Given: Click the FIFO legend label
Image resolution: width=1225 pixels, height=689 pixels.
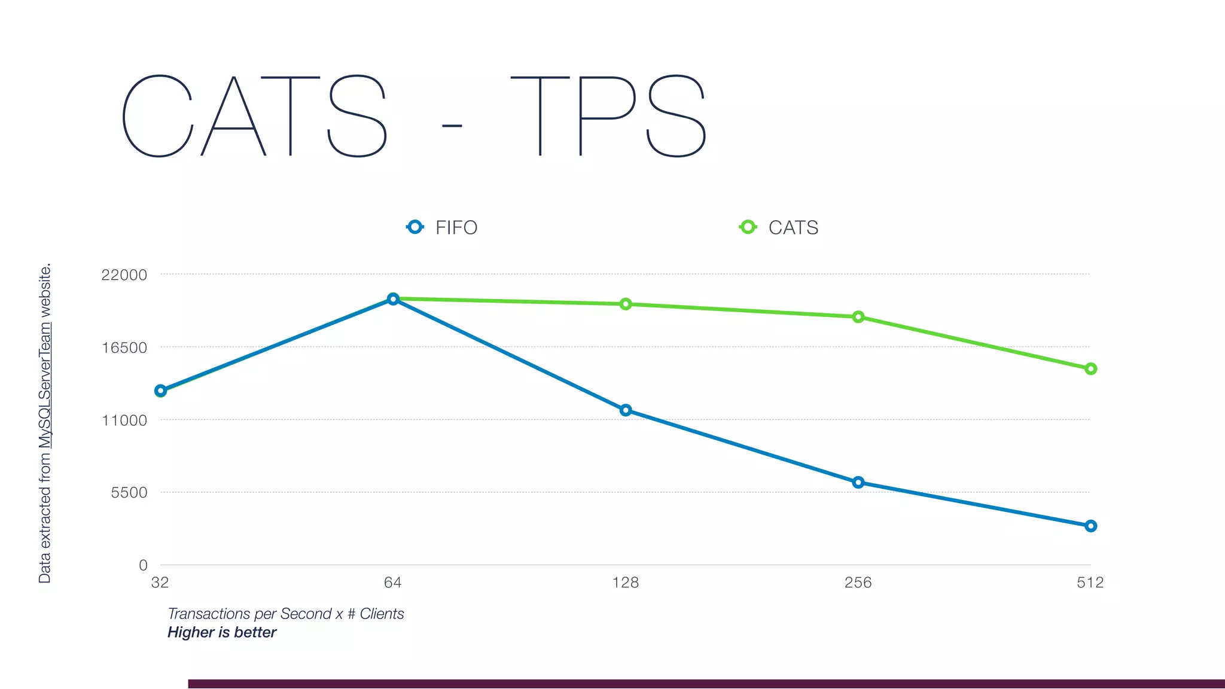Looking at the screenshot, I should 456,228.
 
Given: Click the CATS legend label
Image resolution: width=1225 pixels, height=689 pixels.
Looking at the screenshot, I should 793,228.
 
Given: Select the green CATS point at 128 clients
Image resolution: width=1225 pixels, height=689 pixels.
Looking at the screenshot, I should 626,304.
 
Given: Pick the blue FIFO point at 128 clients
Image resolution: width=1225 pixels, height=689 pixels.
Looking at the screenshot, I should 626,410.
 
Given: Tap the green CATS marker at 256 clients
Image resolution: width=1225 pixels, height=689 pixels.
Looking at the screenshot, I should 858,317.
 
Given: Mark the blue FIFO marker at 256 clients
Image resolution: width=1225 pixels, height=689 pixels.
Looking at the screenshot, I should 858,483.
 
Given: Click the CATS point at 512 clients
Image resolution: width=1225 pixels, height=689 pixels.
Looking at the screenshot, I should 1091,369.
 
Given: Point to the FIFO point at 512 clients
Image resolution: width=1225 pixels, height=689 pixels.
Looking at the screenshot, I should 1091,526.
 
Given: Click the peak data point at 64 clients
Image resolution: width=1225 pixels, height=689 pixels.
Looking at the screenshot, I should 393,299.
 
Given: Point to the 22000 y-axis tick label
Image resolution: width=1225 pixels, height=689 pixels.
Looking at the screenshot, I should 124,275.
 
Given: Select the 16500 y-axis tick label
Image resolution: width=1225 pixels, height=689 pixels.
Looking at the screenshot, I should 124,348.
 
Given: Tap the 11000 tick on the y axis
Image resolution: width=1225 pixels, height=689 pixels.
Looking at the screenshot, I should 124,420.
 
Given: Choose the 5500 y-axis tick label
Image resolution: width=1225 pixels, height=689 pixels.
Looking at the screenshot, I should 129,493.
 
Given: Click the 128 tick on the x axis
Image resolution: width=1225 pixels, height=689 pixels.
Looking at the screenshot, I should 626,583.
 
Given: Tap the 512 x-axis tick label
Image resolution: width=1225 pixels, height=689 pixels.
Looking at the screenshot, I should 1090,583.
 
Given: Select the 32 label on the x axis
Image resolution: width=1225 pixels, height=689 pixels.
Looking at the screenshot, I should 160,583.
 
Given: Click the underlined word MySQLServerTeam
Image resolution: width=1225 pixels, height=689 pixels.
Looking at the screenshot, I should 45,386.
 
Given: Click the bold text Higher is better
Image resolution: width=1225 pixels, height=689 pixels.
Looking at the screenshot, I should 222,633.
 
